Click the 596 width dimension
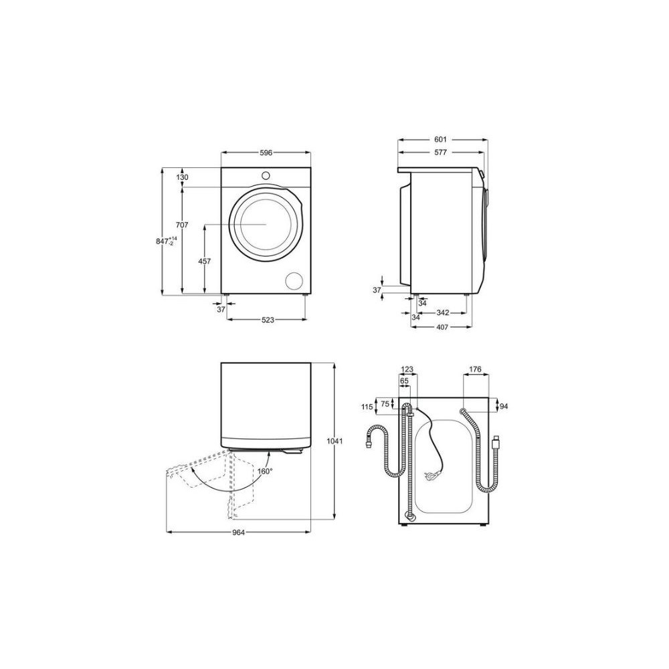click(x=266, y=153)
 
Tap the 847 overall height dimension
click(x=166, y=241)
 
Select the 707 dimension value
click(x=182, y=225)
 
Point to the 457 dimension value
click(x=205, y=261)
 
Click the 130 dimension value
click(x=182, y=177)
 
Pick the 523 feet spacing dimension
click(x=268, y=320)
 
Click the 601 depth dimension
click(x=440, y=140)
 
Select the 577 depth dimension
click(x=440, y=153)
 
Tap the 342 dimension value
click(x=443, y=312)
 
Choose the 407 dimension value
click(x=442, y=327)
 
